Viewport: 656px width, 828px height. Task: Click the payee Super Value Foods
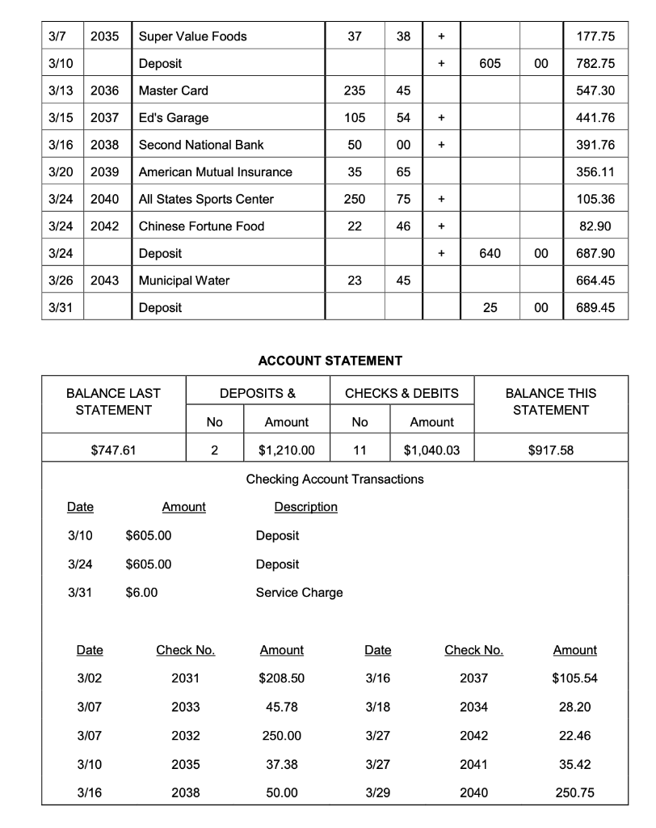tap(193, 36)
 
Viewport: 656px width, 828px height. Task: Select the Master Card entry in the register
tap(173, 91)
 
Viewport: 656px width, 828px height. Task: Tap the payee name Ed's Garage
tap(174, 118)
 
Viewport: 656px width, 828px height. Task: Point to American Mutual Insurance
tap(216, 172)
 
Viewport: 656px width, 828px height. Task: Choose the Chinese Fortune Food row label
tap(201, 226)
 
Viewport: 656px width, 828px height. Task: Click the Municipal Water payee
tap(184, 281)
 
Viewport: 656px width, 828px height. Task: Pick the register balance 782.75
tap(597, 64)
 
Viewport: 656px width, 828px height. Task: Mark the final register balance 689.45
tap(597, 308)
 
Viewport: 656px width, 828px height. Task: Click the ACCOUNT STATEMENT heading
tap(330, 361)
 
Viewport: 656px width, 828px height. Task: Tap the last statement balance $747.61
tap(113, 450)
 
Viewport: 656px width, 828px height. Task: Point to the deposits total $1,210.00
tap(286, 450)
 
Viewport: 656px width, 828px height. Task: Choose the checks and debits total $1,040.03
tap(431, 450)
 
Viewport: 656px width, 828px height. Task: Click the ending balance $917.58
tap(551, 450)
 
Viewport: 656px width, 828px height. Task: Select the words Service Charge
tap(299, 593)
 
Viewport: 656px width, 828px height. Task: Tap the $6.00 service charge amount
tap(142, 593)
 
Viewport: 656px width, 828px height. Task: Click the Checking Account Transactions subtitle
tap(334, 479)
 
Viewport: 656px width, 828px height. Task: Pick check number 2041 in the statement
tap(473, 763)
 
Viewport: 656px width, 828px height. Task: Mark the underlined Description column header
tap(305, 507)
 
